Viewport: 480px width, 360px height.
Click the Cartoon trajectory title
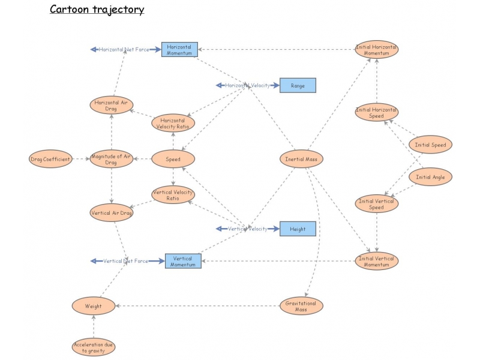(x=97, y=10)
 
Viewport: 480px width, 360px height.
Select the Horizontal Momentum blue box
(x=179, y=50)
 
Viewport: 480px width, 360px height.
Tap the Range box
(x=298, y=85)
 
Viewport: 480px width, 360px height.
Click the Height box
(x=298, y=229)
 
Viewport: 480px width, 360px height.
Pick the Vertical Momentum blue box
(x=183, y=261)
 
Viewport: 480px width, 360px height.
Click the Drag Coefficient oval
(x=50, y=159)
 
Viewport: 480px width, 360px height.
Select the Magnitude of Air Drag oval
(x=111, y=159)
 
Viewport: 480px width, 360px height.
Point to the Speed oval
(x=173, y=159)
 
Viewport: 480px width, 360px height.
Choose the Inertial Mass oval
(x=302, y=159)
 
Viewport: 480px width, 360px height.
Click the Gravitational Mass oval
(x=301, y=306)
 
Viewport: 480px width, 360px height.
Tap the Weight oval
(x=94, y=306)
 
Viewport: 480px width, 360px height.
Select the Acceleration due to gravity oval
(x=94, y=347)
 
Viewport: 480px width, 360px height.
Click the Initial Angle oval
(x=430, y=177)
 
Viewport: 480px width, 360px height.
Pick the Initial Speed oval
(x=430, y=145)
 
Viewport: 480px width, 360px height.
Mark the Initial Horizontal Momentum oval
(x=376, y=50)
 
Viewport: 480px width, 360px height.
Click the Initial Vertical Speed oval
(x=376, y=204)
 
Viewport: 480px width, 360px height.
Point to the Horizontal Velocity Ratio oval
(x=173, y=123)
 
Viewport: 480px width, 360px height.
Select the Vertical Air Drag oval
(x=111, y=212)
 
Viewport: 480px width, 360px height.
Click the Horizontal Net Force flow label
(x=124, y=49)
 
